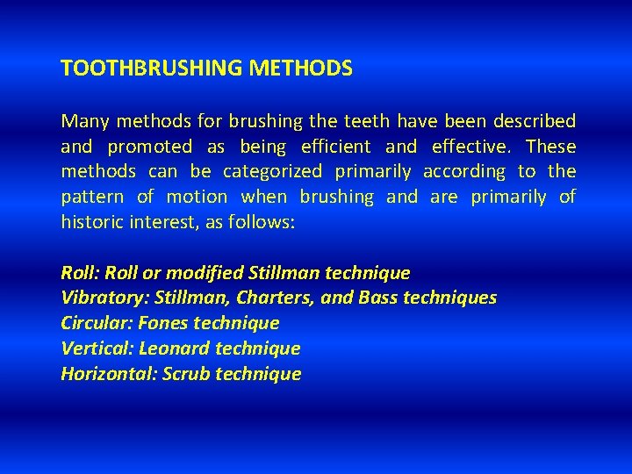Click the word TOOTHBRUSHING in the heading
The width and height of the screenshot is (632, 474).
click(x=140, y=68)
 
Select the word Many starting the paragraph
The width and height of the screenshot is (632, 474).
click(x=82, y=121)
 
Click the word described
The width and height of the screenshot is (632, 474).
click(x=535, y=121)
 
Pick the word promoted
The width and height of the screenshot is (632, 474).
click(x=149, y=147)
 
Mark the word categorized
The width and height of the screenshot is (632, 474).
click(x=272, y=172)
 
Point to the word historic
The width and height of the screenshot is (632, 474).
click(x=92, y=222)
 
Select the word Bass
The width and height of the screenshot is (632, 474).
click(x=377, y=298)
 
